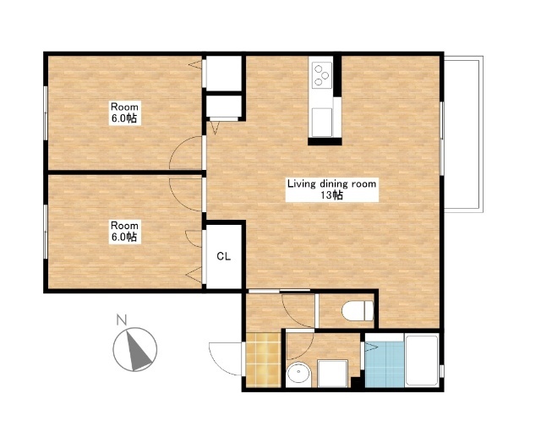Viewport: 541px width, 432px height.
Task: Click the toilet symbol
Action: click(x=358, y=310)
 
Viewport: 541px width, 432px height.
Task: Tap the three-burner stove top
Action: click(x=322, y=74)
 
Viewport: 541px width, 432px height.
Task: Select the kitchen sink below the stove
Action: click(x=322, y=122)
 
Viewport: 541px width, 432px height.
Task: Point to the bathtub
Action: click(x=422, y=360)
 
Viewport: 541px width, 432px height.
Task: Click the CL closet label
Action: click(x=223, y=256)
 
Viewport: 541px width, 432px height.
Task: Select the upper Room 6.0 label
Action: click(x=124, y=112)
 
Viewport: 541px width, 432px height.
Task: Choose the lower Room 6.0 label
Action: click(x=124, y=232)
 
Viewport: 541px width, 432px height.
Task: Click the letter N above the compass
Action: click(x=121, y=320)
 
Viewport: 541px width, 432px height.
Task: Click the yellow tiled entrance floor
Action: click(x=264, y=359)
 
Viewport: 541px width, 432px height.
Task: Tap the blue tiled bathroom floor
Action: click(x=385, y=364)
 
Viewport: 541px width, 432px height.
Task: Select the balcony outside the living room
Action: click(x=463, y=134)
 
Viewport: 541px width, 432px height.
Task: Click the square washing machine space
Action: click(x=332, y=374)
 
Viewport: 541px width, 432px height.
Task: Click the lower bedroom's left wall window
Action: click(x=45, y=232)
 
